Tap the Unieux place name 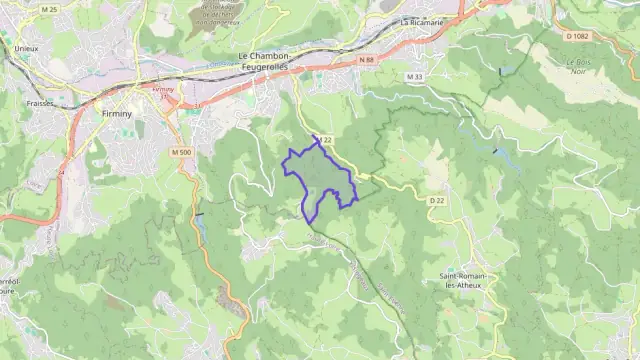click(x=26, y=47)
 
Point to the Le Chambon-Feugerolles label click(x=264, y=60)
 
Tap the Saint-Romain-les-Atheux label click(x=464, y=281)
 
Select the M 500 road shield click(x=181, y=152)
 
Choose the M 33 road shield click(x=415, y=77)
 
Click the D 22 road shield click(x=436, y=200)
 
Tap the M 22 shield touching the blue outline click(x=324, y=141)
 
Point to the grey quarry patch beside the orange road click(x=237, y=308)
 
